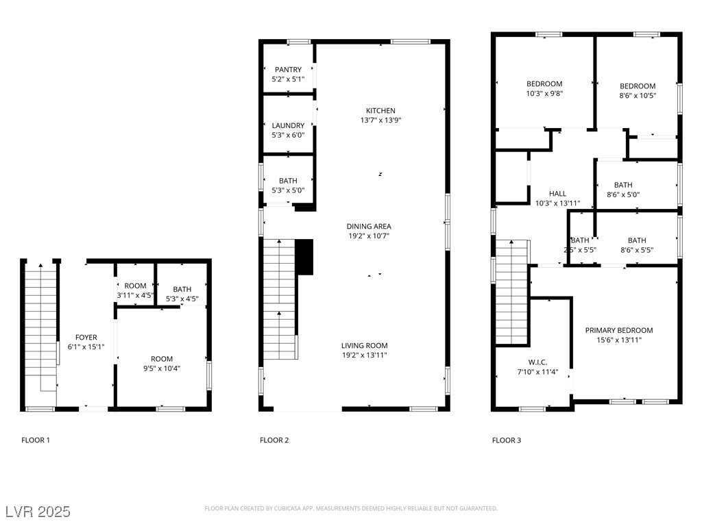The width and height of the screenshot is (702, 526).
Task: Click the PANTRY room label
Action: click(288, 70)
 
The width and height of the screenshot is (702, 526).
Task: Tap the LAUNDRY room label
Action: click(288, 126)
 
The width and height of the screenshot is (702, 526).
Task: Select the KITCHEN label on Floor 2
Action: click(380, 110)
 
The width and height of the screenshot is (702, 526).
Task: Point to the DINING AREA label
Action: click(369, 226)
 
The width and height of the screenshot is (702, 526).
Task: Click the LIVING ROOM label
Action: click(365, 345)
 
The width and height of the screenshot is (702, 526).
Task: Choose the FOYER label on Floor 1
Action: click(86, 337)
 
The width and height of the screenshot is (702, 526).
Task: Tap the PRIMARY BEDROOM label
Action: click(619, 330)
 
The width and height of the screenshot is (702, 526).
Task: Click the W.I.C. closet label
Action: click(537, 362)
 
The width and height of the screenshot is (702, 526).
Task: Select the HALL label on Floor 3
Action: click(557, 194)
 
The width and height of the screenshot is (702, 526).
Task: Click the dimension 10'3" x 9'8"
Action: click(544, 93)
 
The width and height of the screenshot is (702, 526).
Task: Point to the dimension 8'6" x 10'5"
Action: click(638, 95)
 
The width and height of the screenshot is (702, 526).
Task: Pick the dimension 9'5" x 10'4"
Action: click(162, 368)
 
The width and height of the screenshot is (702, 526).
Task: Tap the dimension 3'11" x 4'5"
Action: click(135, 295)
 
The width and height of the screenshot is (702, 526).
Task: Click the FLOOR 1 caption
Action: click(36, 440)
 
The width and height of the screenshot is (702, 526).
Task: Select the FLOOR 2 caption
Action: click(274, 440)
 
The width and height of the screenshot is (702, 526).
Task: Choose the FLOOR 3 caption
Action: click(507, 440)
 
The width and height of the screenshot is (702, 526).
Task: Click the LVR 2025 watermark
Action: click(38, 512)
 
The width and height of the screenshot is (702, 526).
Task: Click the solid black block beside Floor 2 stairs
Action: click(304, 258)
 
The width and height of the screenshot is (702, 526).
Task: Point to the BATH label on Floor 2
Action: click(288, 181)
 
